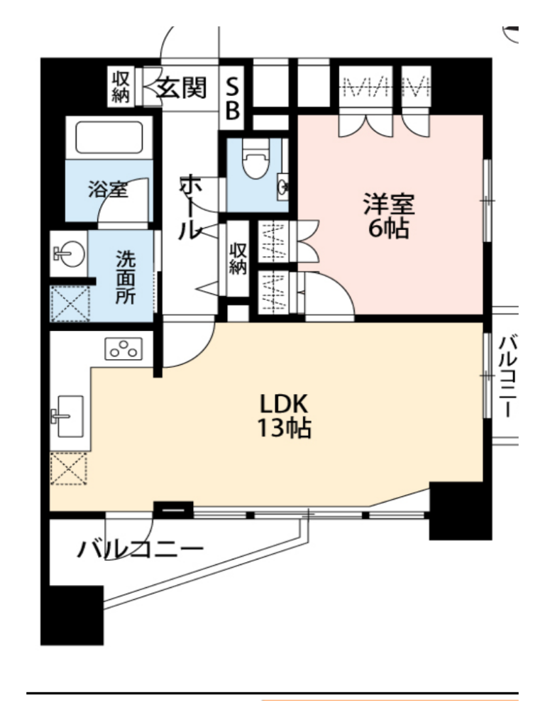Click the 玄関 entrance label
tap(182, 87)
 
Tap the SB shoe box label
tap(232, 98)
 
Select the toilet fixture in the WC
tap(256, 159)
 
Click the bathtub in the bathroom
tap(109, 137)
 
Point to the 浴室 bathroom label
tap(108, 189)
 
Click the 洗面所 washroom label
tap(125, 278)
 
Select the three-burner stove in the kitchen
tap(123, 349)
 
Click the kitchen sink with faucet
tap(67, 416)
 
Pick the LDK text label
tap(284, 404)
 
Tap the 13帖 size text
tap(284, 427)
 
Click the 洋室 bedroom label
tap(388, 204)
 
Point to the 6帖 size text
tap(388, 228)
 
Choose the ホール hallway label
tap(190, 208)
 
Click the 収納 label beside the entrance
tap(121, 87)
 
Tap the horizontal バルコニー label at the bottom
tap(140, 550)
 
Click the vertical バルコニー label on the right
tap(507, 377)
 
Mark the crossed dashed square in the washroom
tap(70, 304)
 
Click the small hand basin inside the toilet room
tap(283, 186)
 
